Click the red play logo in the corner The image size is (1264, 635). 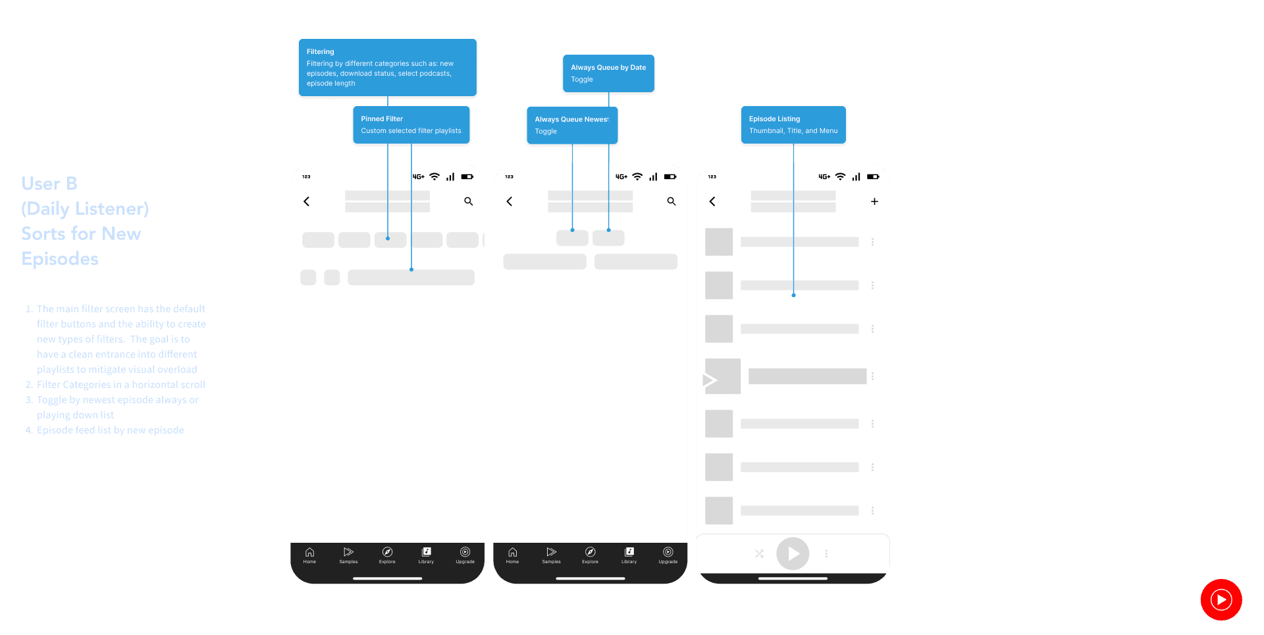1221,599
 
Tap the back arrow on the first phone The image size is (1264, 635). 307,202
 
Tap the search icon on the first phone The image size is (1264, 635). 468,202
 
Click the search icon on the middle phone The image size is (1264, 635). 671,202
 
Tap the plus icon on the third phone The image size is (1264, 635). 874,202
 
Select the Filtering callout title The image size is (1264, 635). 321,52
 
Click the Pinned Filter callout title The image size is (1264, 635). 382,119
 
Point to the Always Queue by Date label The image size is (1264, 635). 608,68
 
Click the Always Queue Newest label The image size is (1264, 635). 571,120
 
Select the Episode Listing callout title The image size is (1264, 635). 774,119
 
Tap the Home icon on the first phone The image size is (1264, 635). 309,553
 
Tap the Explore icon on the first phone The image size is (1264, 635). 387,553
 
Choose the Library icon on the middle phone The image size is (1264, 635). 629,553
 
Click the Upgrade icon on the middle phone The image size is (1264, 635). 668,553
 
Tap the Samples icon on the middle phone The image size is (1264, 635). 551,553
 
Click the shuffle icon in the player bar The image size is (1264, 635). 759,554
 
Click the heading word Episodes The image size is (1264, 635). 60,259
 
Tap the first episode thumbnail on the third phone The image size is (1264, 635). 719,242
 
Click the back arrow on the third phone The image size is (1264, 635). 712,202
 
